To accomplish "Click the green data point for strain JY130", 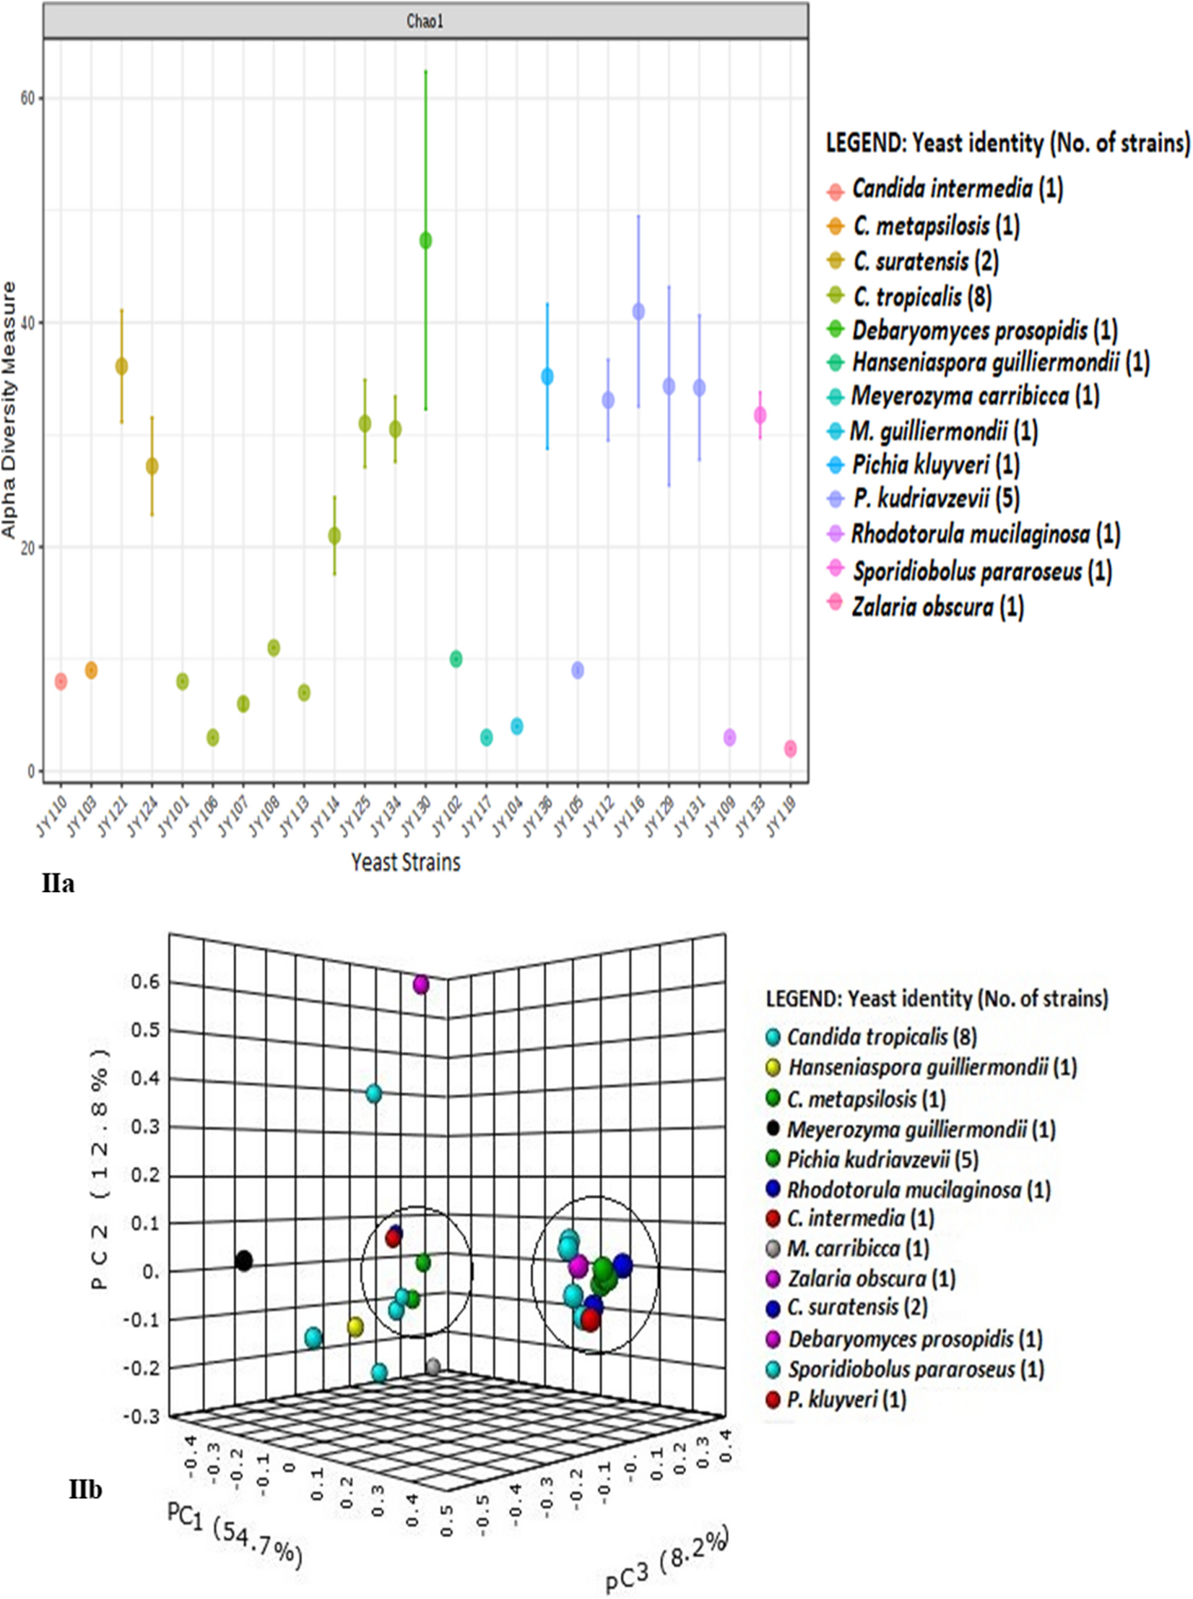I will point(425,241).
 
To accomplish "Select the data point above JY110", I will point(61,681).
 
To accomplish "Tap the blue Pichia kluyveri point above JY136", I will point(547,376).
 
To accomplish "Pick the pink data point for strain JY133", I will point(760,415).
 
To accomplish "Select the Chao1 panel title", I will point(425,21).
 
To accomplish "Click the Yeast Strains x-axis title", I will point(405,862).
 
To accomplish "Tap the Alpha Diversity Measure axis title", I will point(9,410).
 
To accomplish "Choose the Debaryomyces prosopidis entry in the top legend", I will point(971,331).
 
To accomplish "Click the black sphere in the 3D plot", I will point(244,1261).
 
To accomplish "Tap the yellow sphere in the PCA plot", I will point(355,1327).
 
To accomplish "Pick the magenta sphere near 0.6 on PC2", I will point(421,984).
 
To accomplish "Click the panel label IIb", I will point(85,1489).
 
